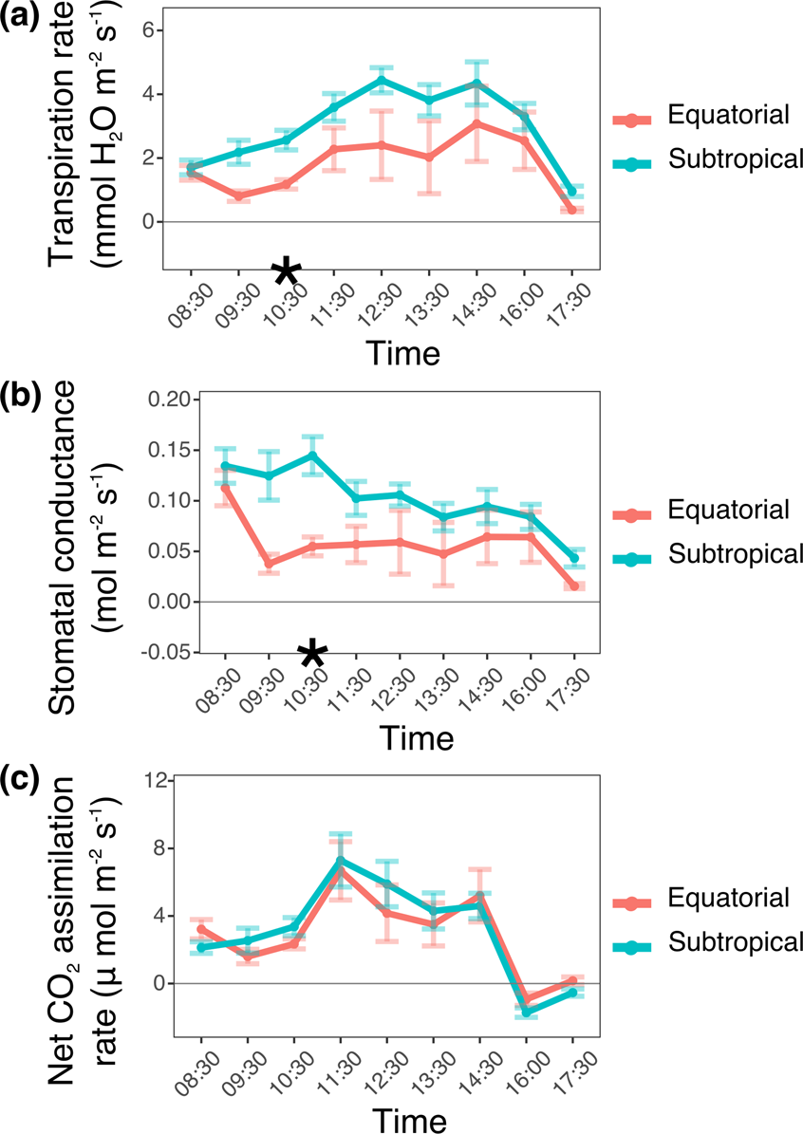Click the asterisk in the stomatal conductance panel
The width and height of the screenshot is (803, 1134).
click(x=313, y=653)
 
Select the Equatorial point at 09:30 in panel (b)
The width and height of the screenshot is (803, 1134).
click(x=270, y=564)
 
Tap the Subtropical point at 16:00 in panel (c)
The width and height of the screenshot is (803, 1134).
click(x=529, y=1013)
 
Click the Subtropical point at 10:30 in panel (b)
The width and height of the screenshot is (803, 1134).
click(x=312, y=455)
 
